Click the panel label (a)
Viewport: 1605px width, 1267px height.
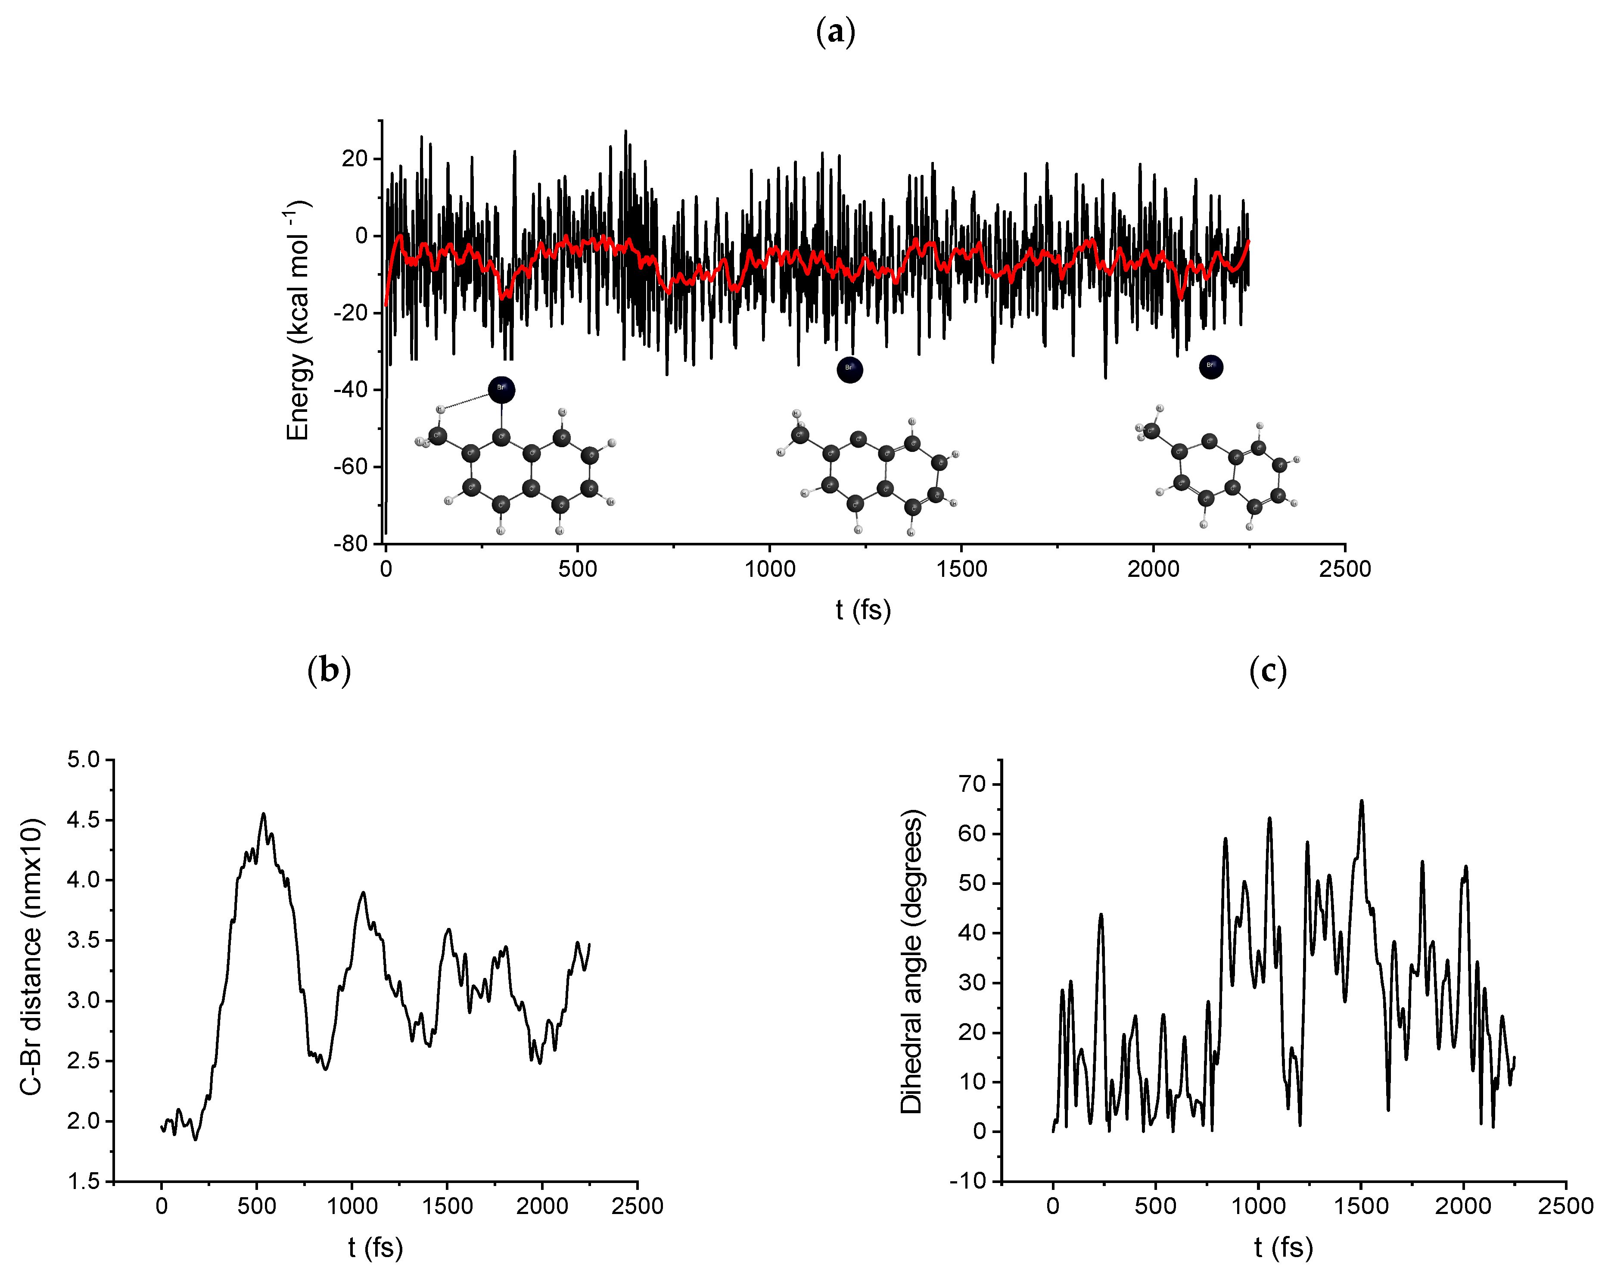point(835,33)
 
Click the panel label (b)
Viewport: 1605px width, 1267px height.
point(329,671)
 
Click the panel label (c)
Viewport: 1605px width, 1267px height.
point(1268,671)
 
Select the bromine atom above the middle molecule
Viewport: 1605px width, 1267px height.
point(849,370)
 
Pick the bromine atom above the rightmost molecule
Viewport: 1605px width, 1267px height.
point(1210,367)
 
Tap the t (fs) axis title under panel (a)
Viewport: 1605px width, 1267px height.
point(862,610)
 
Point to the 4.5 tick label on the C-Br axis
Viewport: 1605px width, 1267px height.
point(83,820)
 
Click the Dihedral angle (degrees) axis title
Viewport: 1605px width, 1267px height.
point(911,962)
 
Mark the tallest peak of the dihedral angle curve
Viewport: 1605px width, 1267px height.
point(1362,801)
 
